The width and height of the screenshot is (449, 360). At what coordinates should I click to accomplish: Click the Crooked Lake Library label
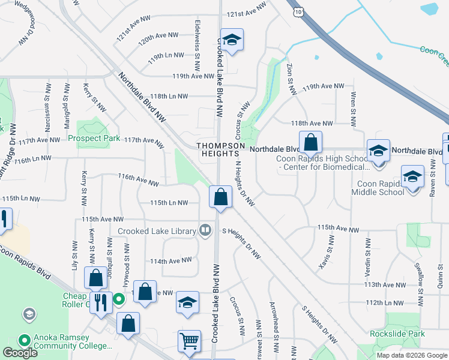157,231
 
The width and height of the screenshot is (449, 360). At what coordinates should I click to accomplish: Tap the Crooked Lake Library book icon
205,230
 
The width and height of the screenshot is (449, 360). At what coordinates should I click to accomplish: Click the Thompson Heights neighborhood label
221,149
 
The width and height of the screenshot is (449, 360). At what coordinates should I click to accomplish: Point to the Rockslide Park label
397,334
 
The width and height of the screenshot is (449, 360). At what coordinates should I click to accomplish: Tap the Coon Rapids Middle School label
389,188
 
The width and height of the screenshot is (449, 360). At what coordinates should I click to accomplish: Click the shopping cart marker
189,340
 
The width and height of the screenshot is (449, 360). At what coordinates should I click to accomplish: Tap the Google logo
20,353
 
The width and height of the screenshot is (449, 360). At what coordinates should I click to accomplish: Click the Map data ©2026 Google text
412,355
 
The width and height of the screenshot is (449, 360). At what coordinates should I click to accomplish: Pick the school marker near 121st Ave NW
231,40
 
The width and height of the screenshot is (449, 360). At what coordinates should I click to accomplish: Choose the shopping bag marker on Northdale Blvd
310,143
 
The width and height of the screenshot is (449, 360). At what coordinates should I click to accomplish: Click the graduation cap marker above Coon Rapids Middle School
412,176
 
